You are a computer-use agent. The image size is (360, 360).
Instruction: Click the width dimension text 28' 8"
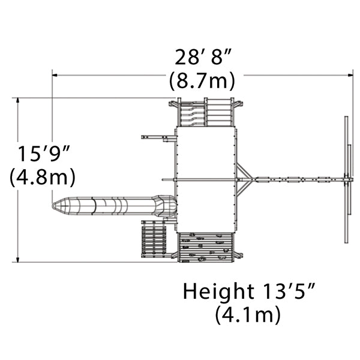[x=203, y=58]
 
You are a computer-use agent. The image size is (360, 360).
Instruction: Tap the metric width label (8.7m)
[x=202, y=81]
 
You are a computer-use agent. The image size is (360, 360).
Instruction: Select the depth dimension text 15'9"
[x=44, y=154]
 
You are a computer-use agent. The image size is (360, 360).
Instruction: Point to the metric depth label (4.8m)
[x=43, y=176]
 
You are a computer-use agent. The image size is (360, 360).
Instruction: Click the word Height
[x=218, y=292]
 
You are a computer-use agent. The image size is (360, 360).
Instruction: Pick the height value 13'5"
[x=289, y=292]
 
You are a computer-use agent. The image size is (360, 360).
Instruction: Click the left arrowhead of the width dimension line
[x=55, y=75]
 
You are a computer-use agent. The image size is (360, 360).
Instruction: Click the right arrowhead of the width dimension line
[x=350, y=75]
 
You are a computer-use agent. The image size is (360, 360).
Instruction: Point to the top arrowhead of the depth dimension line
[x=18, y=100]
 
